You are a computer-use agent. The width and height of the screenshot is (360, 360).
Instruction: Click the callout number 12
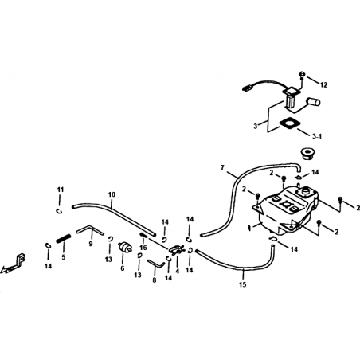323,85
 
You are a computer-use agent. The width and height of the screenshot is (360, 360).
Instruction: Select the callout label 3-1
317,136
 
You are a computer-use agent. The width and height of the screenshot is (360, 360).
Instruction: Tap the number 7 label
222,167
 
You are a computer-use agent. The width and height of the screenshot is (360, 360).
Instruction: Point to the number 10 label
112,194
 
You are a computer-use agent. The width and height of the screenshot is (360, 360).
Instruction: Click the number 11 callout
61,190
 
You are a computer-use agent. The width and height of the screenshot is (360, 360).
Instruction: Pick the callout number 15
243,285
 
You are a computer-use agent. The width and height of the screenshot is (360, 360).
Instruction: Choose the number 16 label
143,248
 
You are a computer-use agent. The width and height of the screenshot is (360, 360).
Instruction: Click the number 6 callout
123,268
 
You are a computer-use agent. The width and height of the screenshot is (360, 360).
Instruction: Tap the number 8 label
155,280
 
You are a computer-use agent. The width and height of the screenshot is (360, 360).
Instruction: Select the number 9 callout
91,244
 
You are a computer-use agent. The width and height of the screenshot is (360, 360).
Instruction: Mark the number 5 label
64,257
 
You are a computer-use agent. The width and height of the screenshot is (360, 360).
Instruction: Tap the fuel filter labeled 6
125,248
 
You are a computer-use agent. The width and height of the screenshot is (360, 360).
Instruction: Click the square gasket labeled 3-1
288,123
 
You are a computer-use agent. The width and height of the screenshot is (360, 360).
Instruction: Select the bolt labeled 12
302,75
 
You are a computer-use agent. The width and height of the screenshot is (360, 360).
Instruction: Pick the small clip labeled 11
59,211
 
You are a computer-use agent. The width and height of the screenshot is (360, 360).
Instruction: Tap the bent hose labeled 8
156,263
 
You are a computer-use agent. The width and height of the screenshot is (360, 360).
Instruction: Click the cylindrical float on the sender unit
314,102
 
